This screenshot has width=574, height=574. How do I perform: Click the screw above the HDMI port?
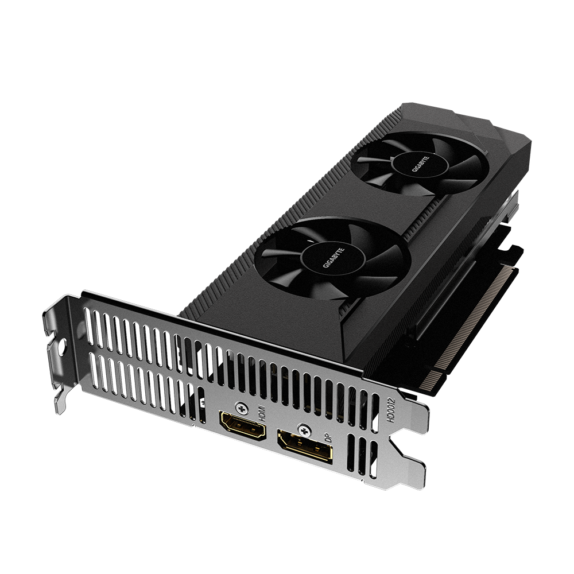click(241, 407)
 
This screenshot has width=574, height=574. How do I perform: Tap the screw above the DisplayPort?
click(304, 429)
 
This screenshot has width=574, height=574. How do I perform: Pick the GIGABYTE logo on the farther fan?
click(421, 164)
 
